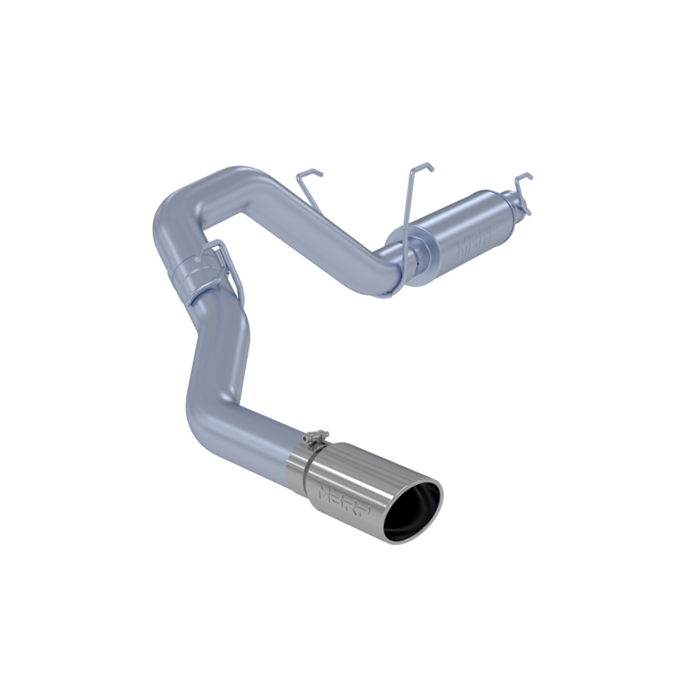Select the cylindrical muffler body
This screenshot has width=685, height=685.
tap(460, 235)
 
